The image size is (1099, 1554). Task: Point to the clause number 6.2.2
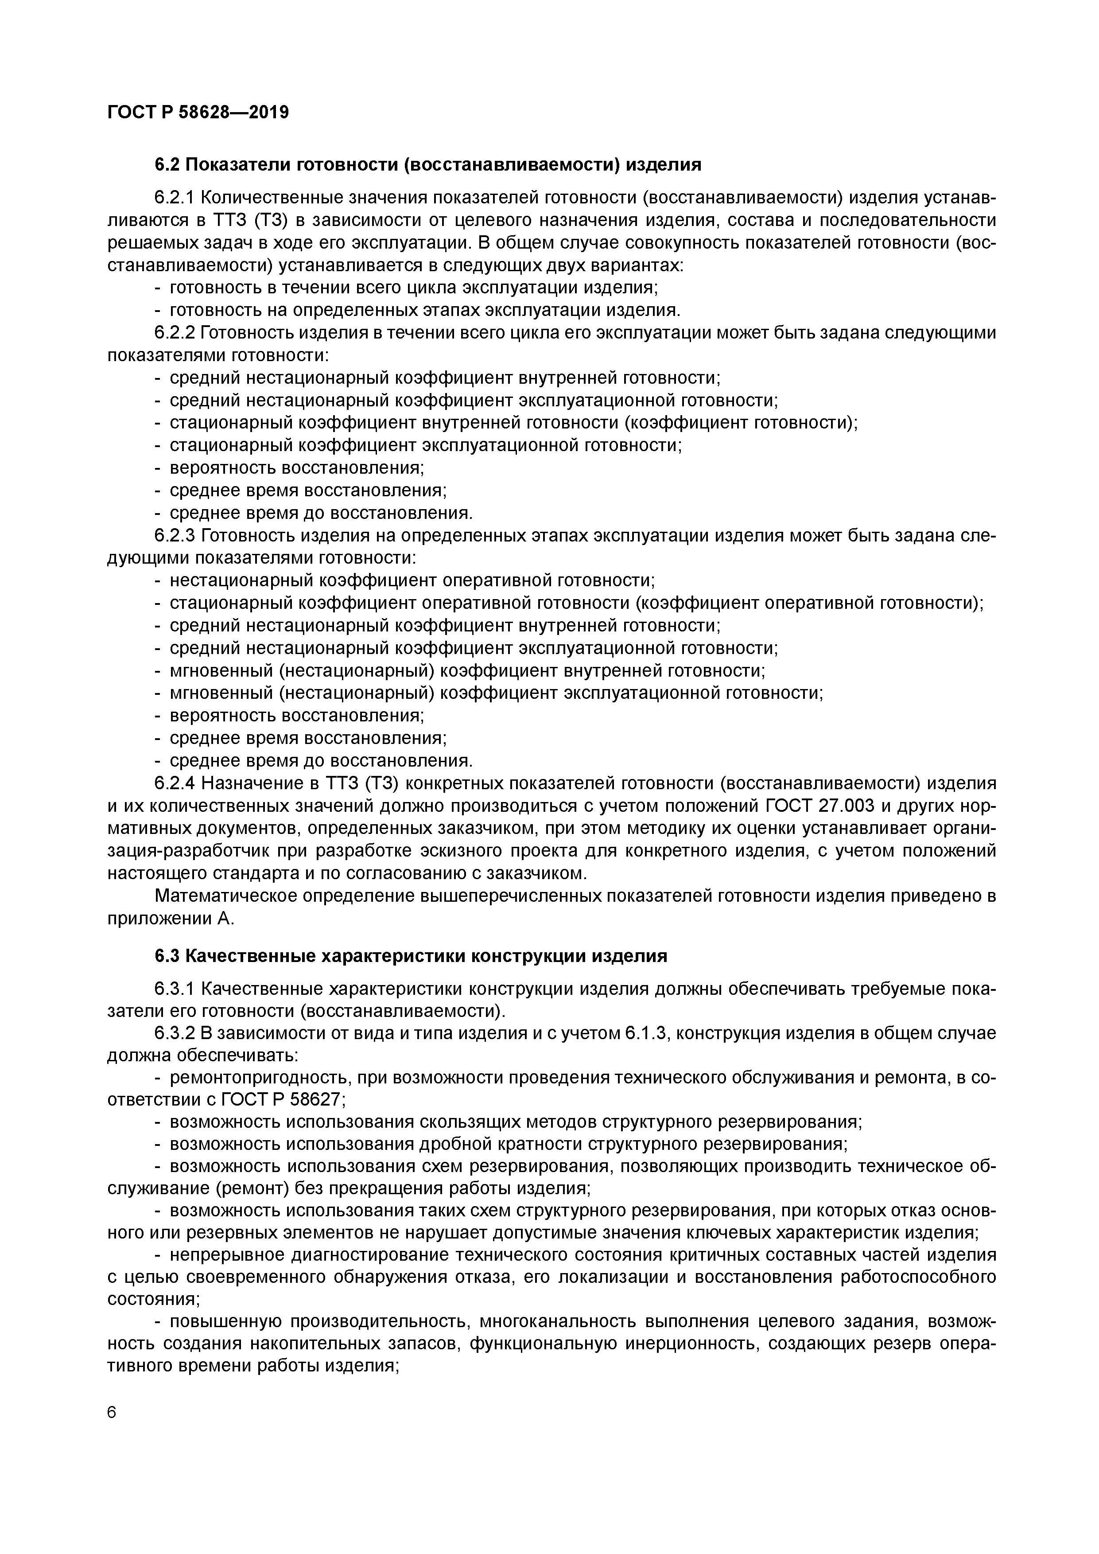pyautogui.click(x=175, y=333)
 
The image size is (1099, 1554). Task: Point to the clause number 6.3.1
pyautogui.click(x=175, y=989)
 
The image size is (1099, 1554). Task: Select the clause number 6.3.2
pyautogui.click(x=175, y=1033)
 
